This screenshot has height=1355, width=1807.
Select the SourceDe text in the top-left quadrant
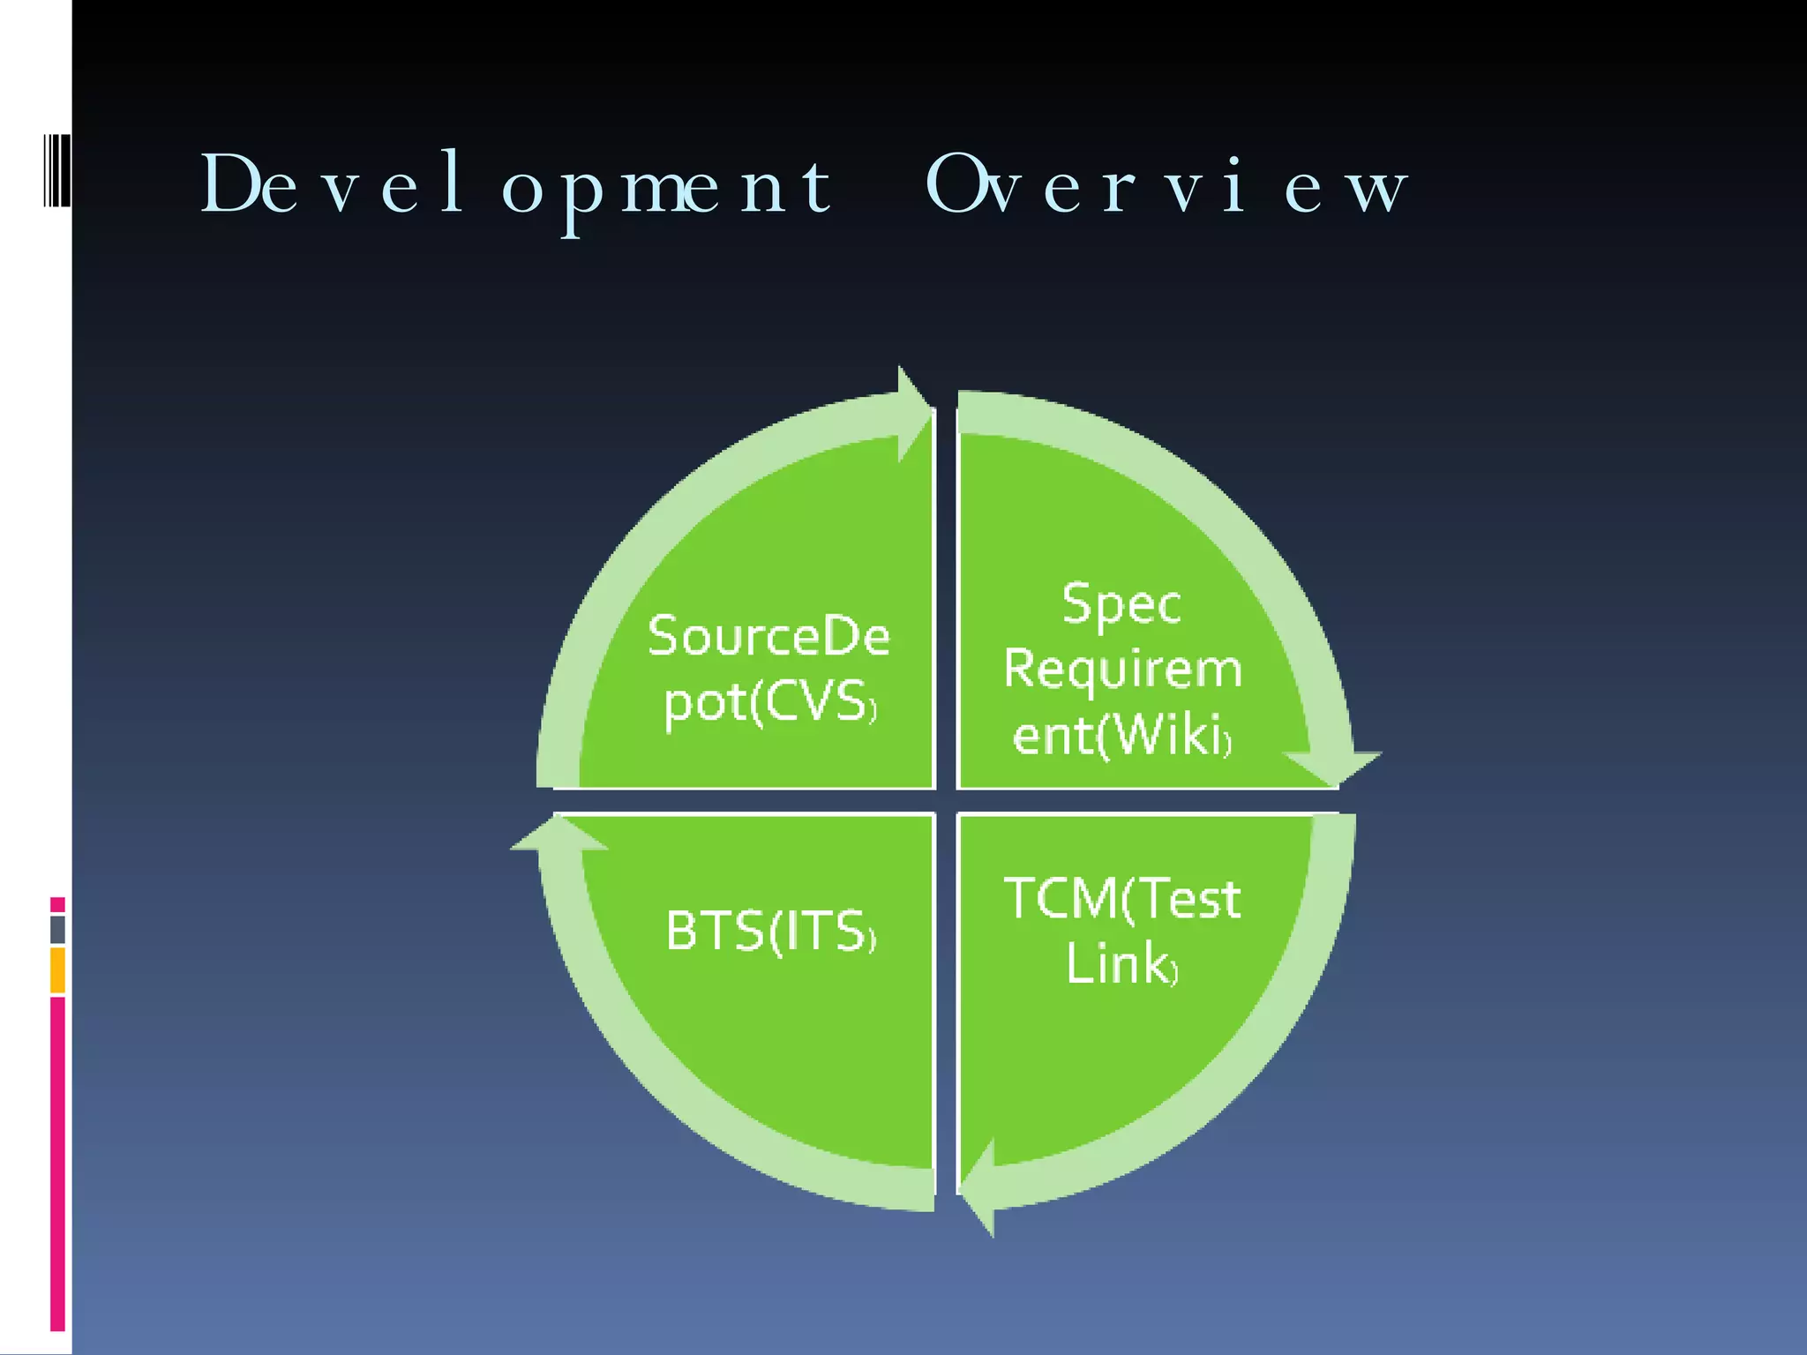point(769,636)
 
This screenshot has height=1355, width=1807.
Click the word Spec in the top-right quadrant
point(1121,604)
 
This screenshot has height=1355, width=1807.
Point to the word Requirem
point(1122,669)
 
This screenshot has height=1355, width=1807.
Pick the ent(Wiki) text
point(1121,735)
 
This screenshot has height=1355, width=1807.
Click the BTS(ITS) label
point(770,932)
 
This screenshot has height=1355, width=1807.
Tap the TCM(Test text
point(1122,899)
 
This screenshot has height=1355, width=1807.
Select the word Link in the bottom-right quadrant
point(1119,963)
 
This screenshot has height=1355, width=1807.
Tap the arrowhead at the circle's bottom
point(980,1187)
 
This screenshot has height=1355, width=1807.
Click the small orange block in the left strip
point(58,969)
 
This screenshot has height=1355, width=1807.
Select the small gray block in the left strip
point(58,929)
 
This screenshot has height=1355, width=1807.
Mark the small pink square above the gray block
point(58,904)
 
